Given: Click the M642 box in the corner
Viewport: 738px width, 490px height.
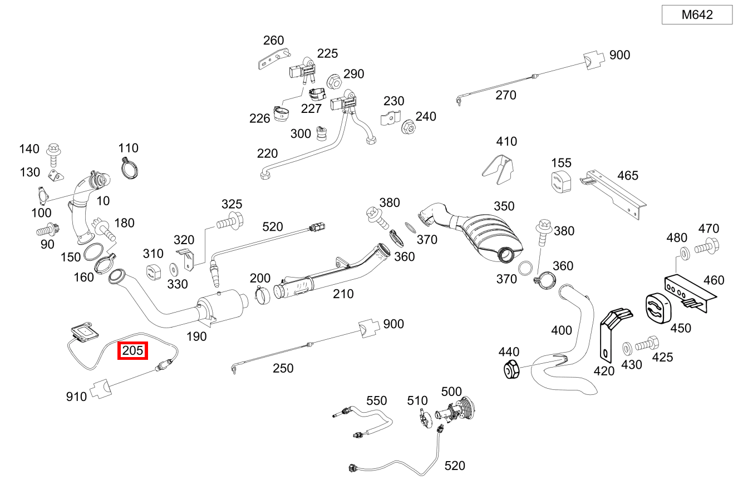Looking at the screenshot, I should point(697,15).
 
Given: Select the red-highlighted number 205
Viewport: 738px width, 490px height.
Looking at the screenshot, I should point(132,350).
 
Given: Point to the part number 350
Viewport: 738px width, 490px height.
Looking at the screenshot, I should point(504,206).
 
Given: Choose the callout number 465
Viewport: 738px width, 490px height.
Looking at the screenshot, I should point(628,176).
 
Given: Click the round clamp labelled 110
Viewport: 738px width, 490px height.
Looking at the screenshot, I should point(130,168).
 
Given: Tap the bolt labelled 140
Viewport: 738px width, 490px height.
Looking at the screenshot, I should point(53,154).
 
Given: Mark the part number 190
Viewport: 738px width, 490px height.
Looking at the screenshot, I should point(196,336).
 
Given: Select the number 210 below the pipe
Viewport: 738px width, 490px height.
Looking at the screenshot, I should point(343,294).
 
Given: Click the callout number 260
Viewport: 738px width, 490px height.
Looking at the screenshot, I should point(273,40).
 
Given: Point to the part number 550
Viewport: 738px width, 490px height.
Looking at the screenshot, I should point(376,400).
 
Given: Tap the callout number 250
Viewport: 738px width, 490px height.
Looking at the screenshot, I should point(283,368).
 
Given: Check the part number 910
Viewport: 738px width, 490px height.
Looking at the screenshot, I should point(76,397).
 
